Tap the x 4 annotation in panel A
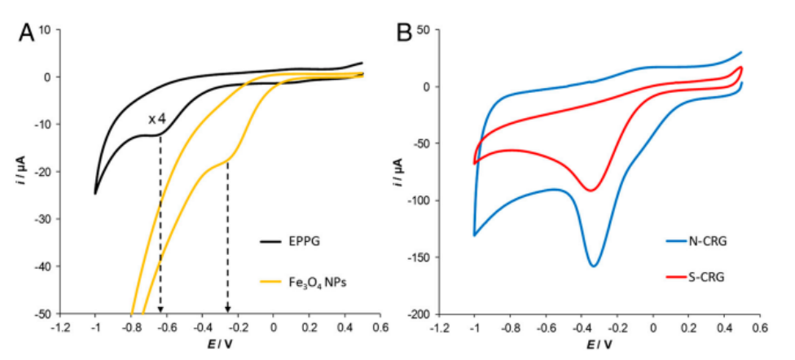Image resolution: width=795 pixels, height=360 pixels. (157, 120)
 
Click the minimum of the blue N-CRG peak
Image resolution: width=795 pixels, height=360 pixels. (594, 266)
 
